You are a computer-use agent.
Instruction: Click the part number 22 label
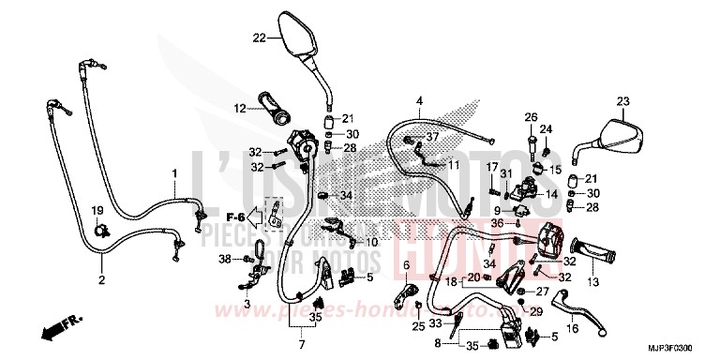(x=260, y=37)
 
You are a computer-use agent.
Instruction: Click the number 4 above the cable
(x=420, y=101)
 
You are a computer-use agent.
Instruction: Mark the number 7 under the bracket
(x=303, y=332)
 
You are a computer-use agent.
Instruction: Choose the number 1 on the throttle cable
(x=173, y=173)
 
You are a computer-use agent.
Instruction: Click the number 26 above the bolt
(x=529, y=117)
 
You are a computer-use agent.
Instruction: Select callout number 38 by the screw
(x=224, y=258)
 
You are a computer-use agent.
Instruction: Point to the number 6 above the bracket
(x=407, y=266)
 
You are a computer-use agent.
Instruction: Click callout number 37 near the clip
(x=432, y=137)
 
